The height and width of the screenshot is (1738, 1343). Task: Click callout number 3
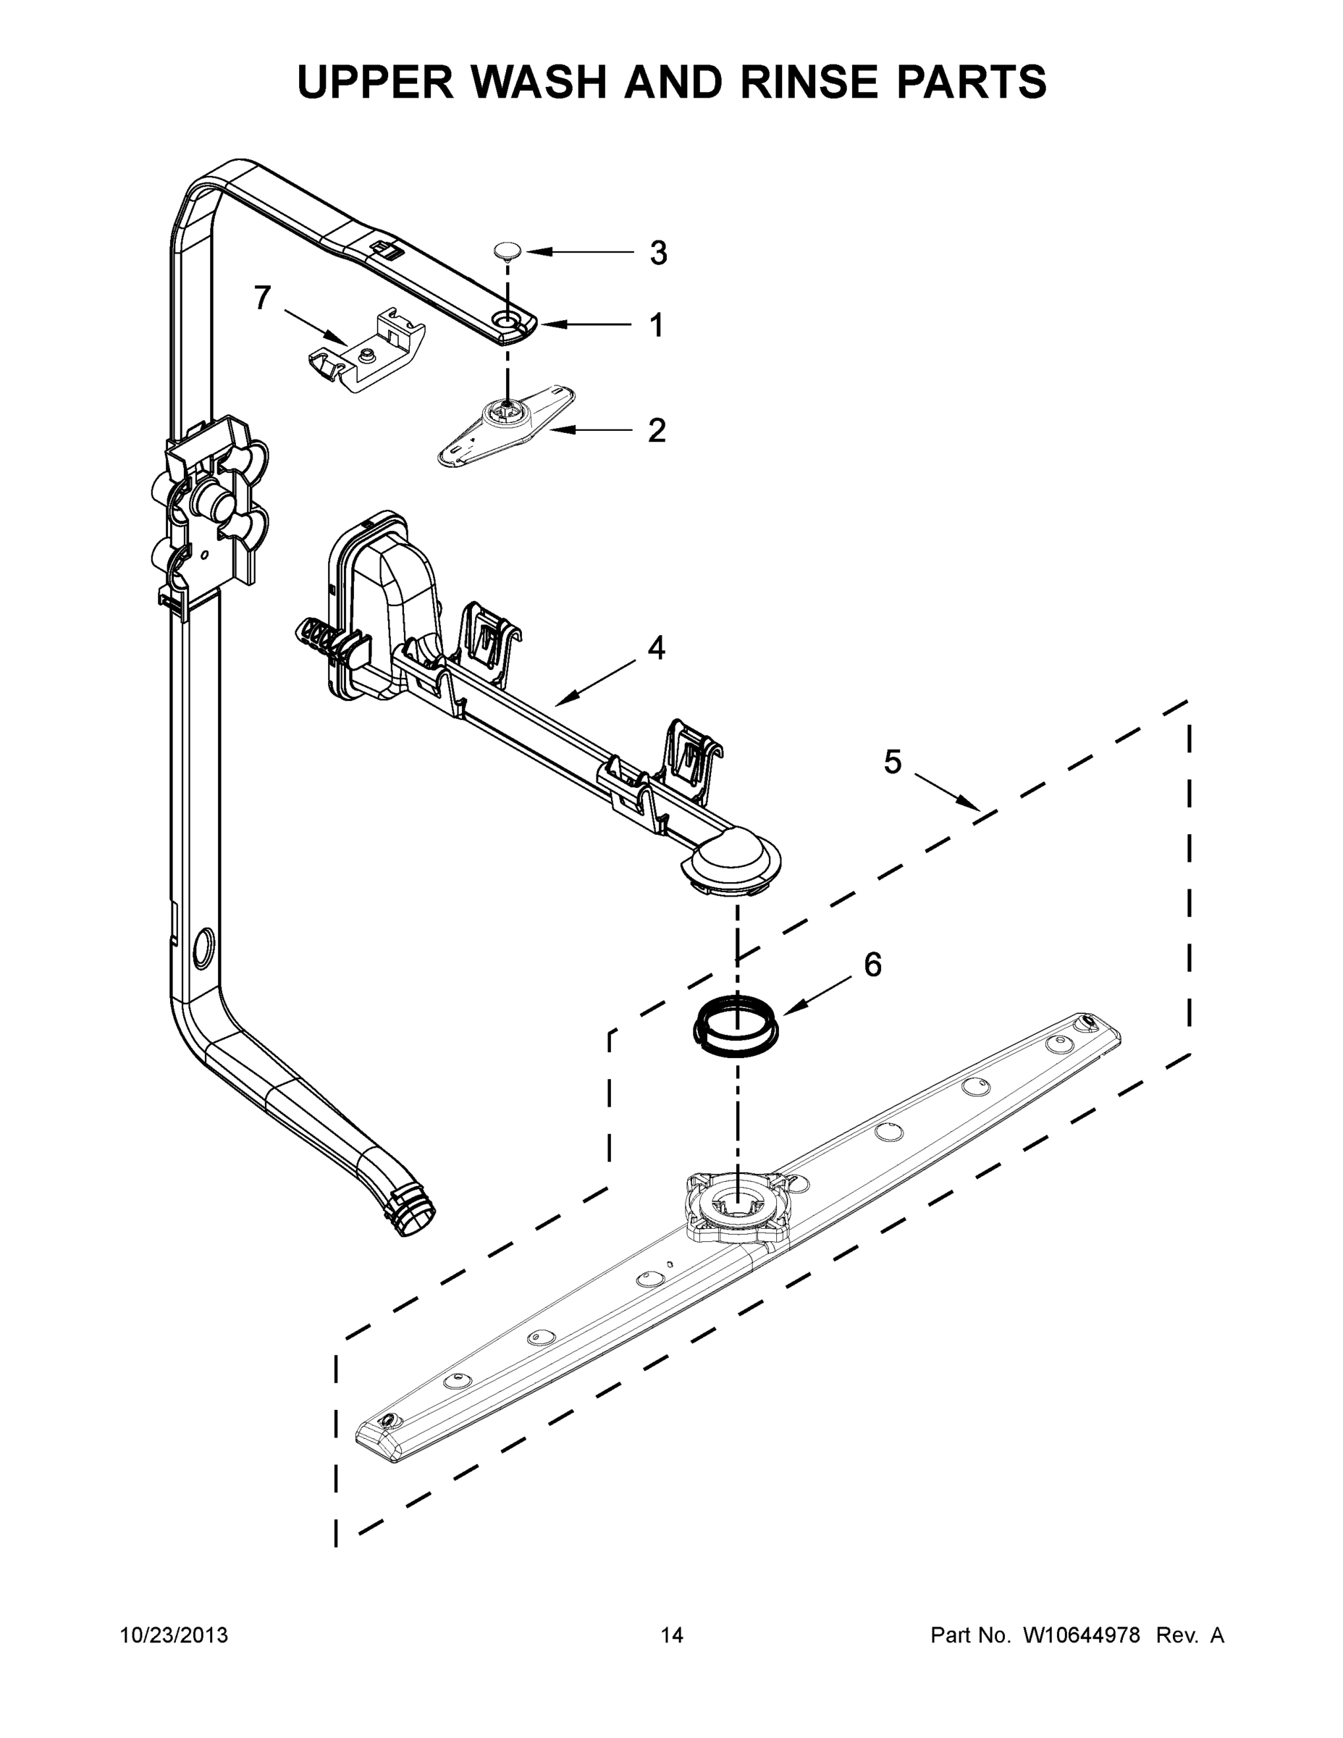657,253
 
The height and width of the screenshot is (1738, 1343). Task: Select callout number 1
657,325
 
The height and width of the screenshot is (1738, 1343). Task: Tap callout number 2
657,431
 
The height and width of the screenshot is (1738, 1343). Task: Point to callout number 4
656,648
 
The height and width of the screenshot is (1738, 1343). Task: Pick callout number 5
893,762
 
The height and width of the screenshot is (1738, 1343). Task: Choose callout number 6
873,965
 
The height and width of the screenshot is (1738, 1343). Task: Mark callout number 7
263,298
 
